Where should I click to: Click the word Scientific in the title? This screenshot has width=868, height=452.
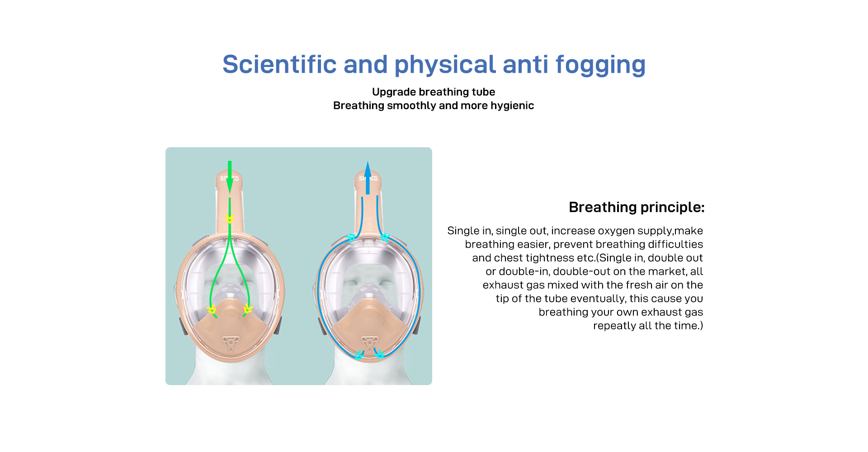pyautogui.click(x=279, y=64)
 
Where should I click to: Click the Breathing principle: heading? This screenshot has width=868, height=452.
pyautogui.click(x=637, y=207)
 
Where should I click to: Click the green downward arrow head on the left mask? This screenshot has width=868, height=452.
pyautogui.click(x=230, y=184)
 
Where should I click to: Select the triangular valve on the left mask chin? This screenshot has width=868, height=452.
pyautogui.click(x=231, y=343)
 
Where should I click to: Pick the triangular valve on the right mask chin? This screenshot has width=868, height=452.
pyautogui.click(x=369, y=343)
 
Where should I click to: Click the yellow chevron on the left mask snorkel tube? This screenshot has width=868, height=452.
pyautogui.click(x=230, y=219)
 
